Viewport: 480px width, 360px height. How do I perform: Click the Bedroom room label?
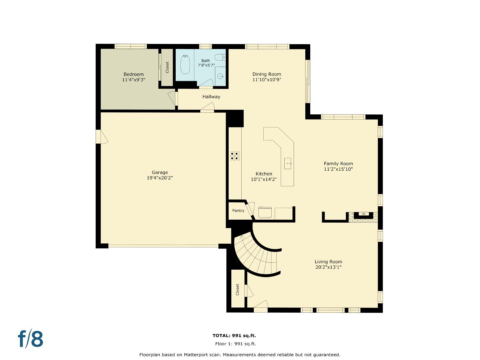(x=133, y=74)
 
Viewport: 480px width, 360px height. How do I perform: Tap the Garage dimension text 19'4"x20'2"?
(x=160, y=178)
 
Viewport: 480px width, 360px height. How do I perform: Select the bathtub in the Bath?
(x=185, y=65)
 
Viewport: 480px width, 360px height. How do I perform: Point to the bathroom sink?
(x=221, y=76)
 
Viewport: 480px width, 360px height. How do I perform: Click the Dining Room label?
(x=267, y=74)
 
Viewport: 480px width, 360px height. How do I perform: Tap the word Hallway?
(x=211, y=97)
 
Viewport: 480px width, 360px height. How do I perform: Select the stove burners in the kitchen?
(x=235, y=156)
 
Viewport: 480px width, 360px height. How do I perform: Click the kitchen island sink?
(x=288, y=164)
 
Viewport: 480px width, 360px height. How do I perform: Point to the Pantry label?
(x=238, y=211)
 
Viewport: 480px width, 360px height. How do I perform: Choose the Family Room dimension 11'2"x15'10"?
(x=338, y=169)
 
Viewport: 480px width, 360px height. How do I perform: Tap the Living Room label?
(x=328, y=262)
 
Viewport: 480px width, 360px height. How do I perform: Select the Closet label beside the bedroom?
(x=167, y=67)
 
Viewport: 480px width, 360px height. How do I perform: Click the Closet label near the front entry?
(x=237, y=289)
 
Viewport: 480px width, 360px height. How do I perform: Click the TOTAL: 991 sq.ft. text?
(x=234, y=336)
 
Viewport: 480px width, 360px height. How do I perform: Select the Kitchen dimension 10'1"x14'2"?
(x=264, y=179)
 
